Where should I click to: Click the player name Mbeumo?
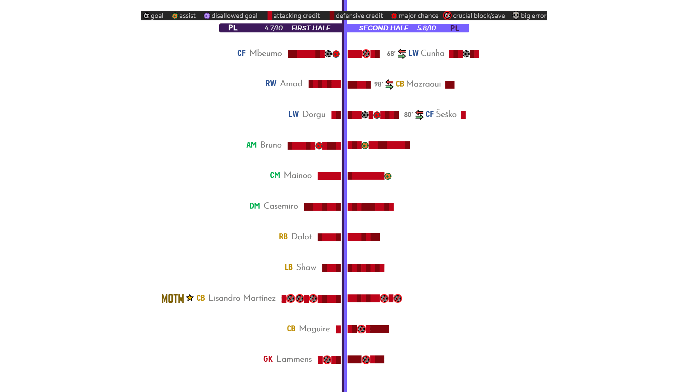click(265, 53)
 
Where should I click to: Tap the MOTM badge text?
click(173, 298)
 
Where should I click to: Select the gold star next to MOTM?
click(190, 298)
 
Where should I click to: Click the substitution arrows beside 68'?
click(402, 54)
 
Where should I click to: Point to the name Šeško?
click(446, 114)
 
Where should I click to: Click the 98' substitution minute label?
click(379, 84)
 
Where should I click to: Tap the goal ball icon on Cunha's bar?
click(466, 54)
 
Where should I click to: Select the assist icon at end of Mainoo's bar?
click(388, 176)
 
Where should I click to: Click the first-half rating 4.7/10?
click(273, 28)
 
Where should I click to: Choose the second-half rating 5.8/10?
click(426, 28)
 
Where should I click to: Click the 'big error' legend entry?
click(530, 16)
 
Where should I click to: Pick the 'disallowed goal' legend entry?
click(231, 16)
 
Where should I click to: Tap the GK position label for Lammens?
click(268, 359)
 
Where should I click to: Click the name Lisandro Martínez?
click(242, 298)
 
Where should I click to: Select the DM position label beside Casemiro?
click(255, 206)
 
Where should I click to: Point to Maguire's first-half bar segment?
click(338, 329)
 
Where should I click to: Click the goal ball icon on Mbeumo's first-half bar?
click(328, 54)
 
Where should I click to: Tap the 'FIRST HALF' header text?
click(311, 28)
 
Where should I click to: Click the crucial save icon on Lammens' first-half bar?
click(327, 360)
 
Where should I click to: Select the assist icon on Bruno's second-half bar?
click(365, 145)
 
